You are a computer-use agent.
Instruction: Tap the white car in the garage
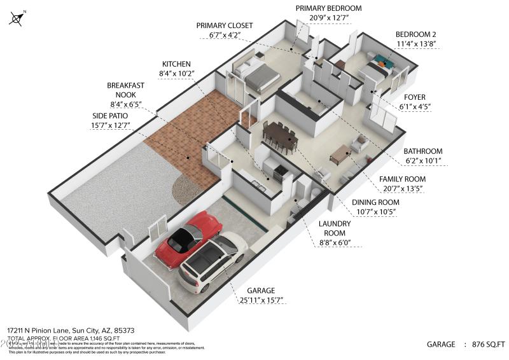point(212,260)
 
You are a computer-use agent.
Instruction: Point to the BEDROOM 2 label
point(415,34)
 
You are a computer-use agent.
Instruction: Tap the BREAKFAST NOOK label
point(125,90)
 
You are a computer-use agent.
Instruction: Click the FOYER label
point(415,97)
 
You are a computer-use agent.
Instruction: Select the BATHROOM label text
point(422,151)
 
